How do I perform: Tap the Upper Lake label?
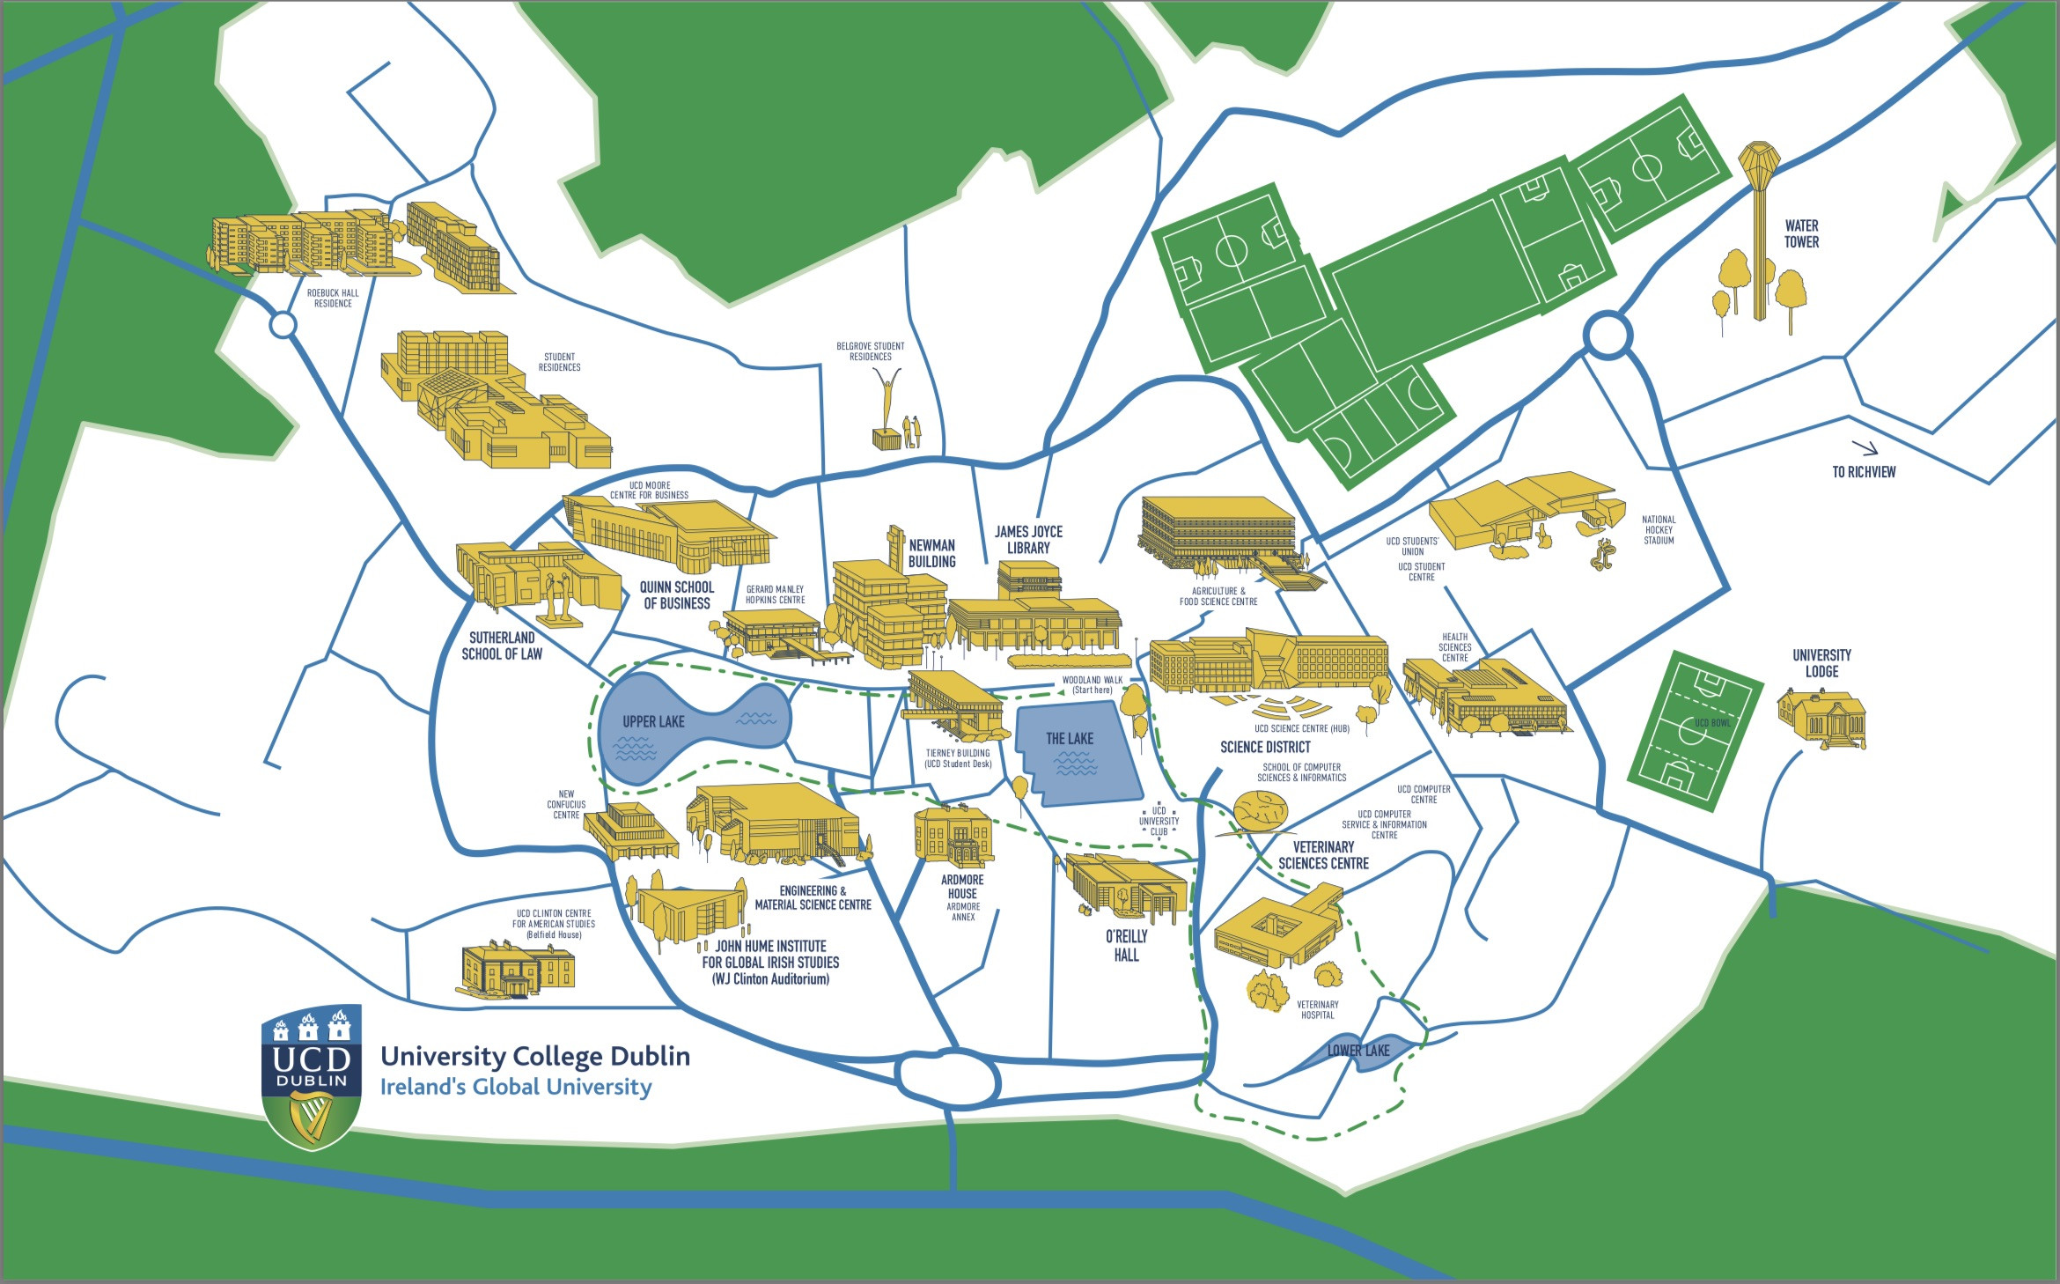tap(653, 722)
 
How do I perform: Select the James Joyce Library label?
tap(1028, 540)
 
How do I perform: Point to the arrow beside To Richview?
tap(1864, 447)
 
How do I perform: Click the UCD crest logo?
tap(312, 1075)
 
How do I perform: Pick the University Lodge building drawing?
tap(1821, 719)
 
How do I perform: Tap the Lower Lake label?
tap(1358, 1051)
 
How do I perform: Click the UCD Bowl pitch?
tap(1695, 732)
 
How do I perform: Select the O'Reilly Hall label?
tap(1126, 946)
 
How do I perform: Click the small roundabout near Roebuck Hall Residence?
tap(283, 325)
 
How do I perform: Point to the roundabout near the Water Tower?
tap(1608, 336)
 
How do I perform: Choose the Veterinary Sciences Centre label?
tap(1323, 855)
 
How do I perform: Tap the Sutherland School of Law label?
tap(502, 646)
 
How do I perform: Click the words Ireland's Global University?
tap(516, 1087)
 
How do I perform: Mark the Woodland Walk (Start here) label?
tap(1092, 685)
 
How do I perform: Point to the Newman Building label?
tap(931, 554)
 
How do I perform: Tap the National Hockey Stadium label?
tap(1659, 530)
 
